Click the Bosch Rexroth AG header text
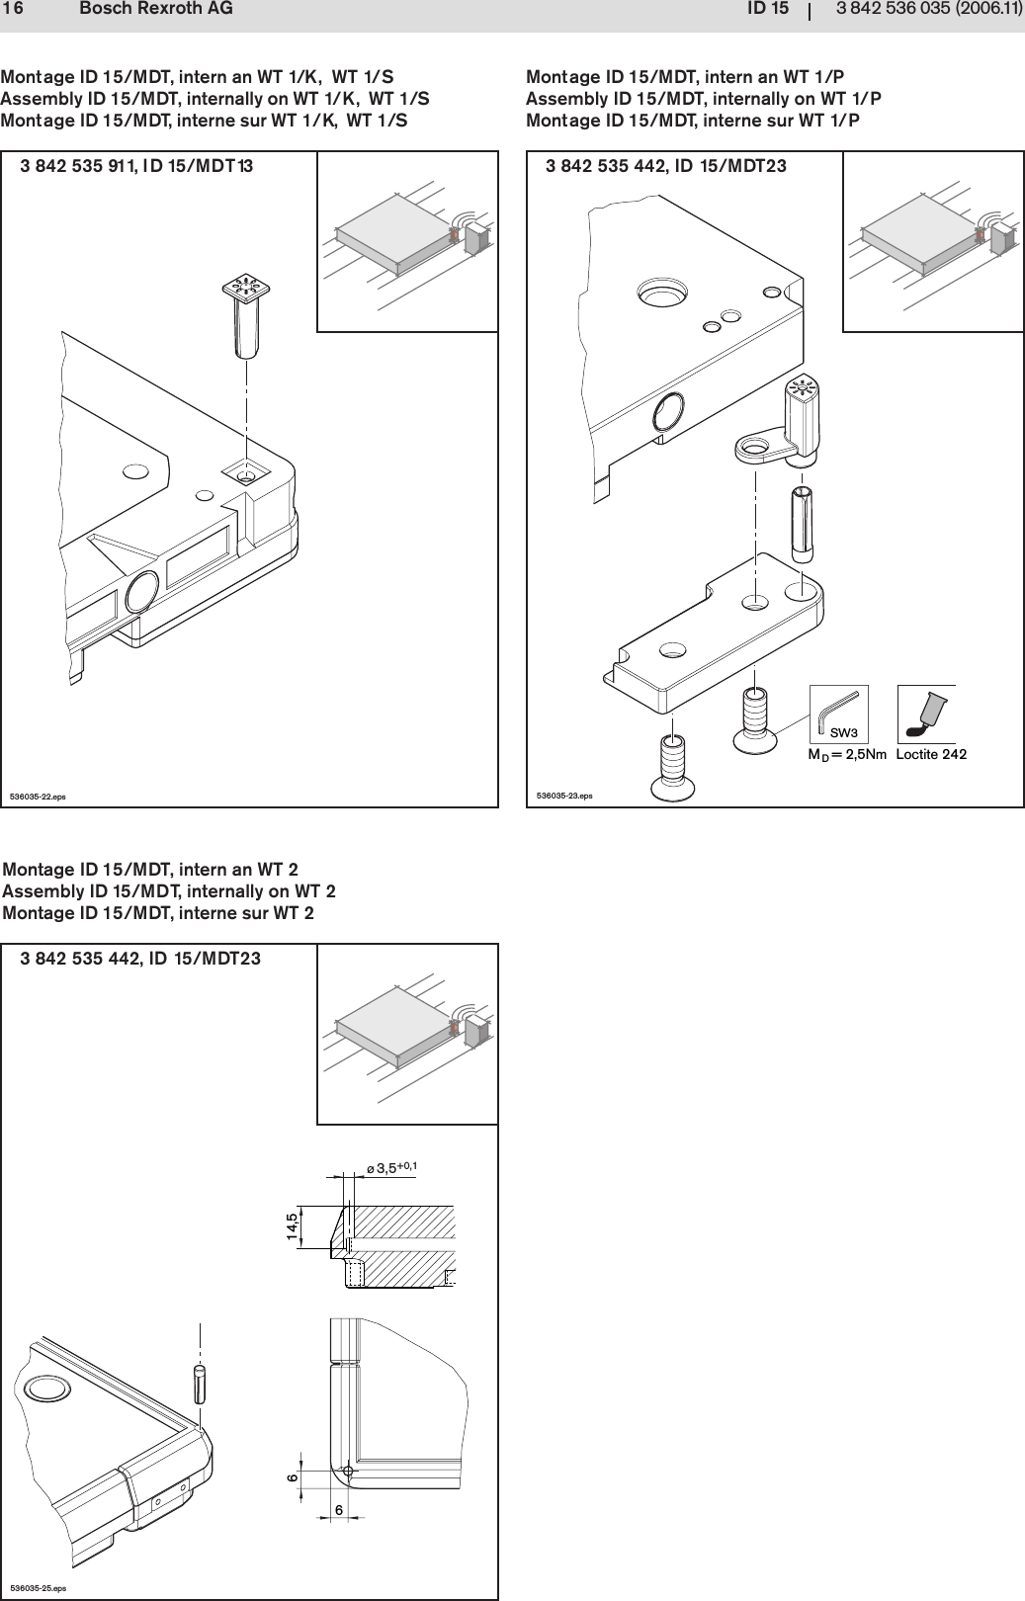tap(155, 10)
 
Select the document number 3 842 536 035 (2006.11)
tap(928, 10)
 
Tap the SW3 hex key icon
tap(838, 714)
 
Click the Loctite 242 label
tap(930, 755)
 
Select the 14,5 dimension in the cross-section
tap(292, 1226)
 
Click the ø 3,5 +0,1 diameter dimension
tap(391, 1168)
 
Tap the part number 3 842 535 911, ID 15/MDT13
tap(136, 166)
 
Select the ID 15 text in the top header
tap(767, 10)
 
